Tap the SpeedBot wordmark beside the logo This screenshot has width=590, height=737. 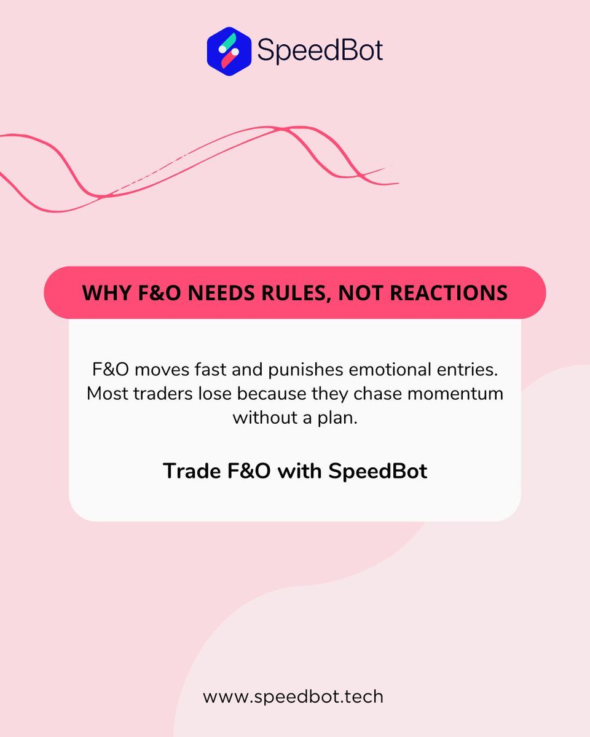(x=320, y=50)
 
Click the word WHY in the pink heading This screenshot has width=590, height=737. (x=101, y=292)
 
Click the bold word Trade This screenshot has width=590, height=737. (x=188, y=471)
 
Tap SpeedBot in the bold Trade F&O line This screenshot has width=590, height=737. (x=377, y=472)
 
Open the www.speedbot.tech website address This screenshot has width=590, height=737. (x=293, y=697)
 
